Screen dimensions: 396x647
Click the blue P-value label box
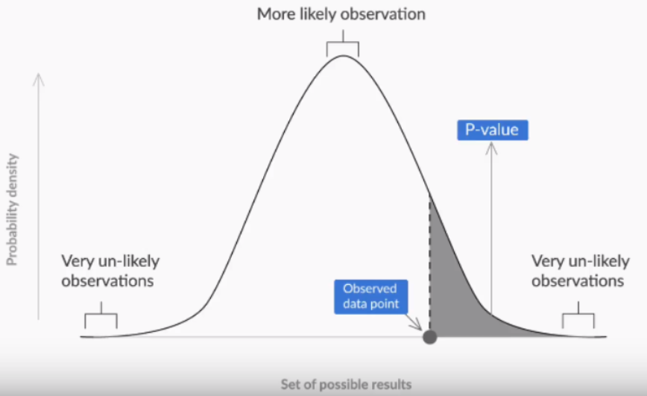tap(492, 131)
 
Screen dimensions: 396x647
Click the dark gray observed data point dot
tap(429, 336)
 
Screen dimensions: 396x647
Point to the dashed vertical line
tap(429, 261)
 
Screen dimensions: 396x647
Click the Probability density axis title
tap(12, 210)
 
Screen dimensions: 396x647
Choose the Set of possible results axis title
tap(346, 385)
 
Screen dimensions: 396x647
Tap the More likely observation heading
tap(342, 13)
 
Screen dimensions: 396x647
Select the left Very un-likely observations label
tap(110, 271)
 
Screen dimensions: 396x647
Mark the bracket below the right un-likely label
tap(578, 317)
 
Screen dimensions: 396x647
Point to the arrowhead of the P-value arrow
tap(491, 147)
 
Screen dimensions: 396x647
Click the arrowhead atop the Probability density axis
tap(39, 77)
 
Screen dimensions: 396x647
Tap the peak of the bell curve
tap(342, 57)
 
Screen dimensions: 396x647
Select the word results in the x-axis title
tap(391, 385)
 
